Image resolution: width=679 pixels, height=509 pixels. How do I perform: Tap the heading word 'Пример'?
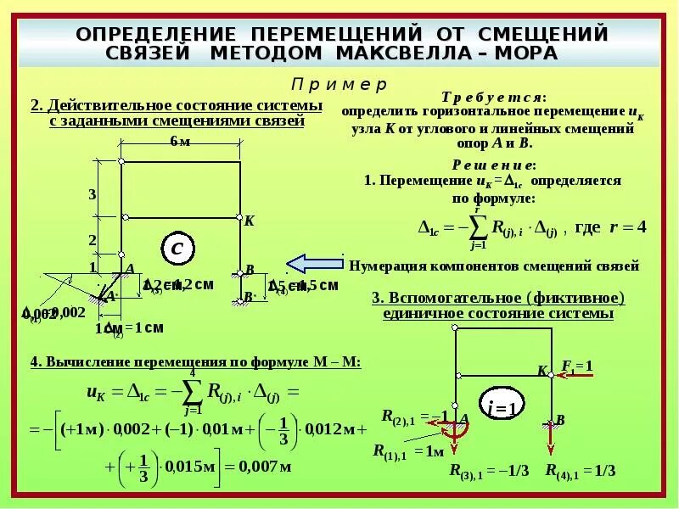tap(339, 85)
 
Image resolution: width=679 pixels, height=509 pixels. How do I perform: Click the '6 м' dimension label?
tap(180, 141)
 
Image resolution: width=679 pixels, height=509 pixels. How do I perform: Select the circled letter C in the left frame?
tap(177, 249)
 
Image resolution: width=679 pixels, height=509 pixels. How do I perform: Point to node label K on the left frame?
tap(249, 221)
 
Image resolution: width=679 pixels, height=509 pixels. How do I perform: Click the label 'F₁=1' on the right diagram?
tap(576, 366)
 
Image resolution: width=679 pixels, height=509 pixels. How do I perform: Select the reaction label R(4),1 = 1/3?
tap(580, 471)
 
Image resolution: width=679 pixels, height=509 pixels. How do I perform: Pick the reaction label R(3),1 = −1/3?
tap(486, 472)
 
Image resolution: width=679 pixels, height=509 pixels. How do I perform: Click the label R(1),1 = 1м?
tap(407, 450)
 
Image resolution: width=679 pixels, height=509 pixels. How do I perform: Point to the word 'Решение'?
tap(493, 165)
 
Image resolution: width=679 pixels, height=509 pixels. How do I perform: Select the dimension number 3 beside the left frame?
tap(93, 194)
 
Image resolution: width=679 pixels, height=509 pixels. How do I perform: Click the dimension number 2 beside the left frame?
tap(93, 240)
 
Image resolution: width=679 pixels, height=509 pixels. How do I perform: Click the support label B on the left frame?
tap(250, 270)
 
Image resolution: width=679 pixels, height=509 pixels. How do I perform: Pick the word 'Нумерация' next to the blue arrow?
tap(382, 266)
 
